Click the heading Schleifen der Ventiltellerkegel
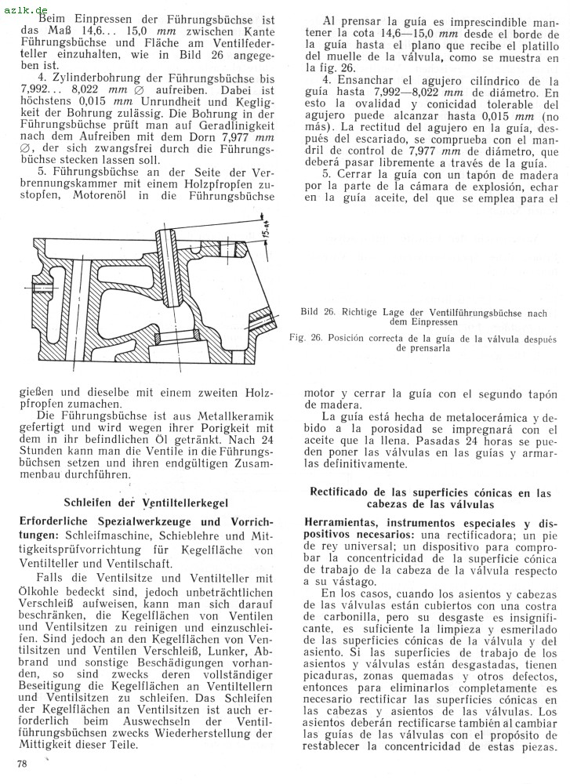click(142, 502)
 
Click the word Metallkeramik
click(234, 414)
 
